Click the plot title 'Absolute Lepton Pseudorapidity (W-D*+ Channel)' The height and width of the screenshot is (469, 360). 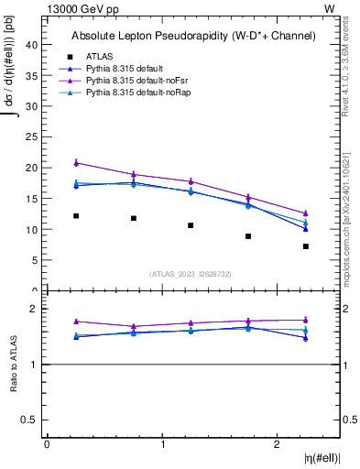point(193,37)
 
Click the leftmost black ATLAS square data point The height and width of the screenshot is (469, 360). point(76,216)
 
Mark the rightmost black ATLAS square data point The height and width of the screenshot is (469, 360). point(306,246)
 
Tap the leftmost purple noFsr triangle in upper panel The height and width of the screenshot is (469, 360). point(76,162)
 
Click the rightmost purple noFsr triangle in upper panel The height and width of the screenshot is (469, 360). point(306,213)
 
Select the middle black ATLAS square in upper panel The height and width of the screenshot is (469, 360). point(191,225)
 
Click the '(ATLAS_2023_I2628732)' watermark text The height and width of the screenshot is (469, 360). point(191,273)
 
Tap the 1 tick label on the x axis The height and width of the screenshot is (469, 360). point(162,444)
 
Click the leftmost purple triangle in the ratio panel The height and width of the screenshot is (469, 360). point(76,322)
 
